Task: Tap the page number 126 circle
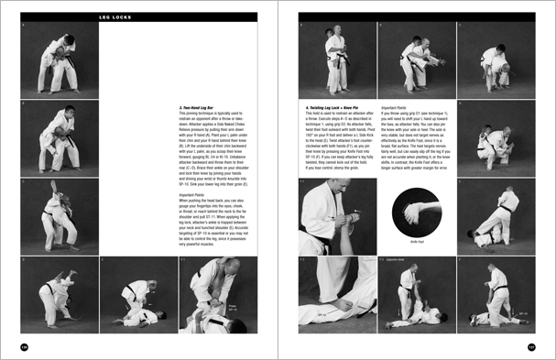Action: (x=26, y=346)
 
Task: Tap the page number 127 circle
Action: (x=530, y=346)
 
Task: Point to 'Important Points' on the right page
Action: (x=396, y=106)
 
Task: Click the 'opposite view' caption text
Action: (x=401, y=261)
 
